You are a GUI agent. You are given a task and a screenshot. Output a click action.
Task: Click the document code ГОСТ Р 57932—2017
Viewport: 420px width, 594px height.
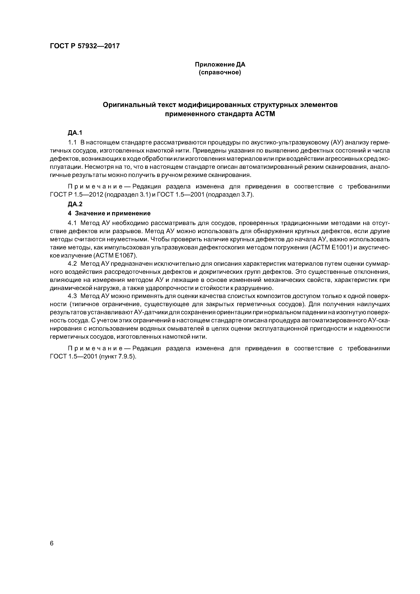(x=85, y=46)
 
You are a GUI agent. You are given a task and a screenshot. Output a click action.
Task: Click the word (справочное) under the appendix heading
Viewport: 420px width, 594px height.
(x=220, y=73)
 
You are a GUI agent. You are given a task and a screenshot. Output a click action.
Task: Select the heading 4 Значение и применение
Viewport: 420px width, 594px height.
(x=109, y=213)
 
